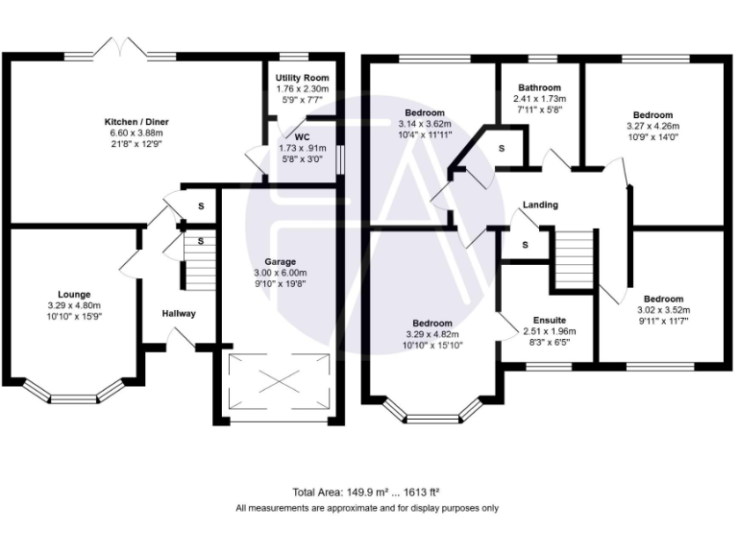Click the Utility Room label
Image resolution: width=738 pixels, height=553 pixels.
pos(302,77)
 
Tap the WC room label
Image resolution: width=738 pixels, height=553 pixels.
pos(302,136)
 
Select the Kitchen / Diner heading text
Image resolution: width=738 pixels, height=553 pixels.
pos(135,122)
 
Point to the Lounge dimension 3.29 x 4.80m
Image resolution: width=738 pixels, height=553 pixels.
pos(74,305)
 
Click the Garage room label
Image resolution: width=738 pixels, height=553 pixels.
pos(280,261)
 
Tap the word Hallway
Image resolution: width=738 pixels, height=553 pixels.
pos(179,314)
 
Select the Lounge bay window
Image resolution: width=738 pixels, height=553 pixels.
pos(74,393)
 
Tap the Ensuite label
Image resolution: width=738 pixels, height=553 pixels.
pos(549,320)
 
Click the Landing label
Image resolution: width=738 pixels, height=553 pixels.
pos(540,204)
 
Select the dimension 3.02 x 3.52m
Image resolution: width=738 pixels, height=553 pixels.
pos(663,310)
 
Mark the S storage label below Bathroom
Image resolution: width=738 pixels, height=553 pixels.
pos(501,148)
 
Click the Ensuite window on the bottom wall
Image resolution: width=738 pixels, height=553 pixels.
pos(548,366)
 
